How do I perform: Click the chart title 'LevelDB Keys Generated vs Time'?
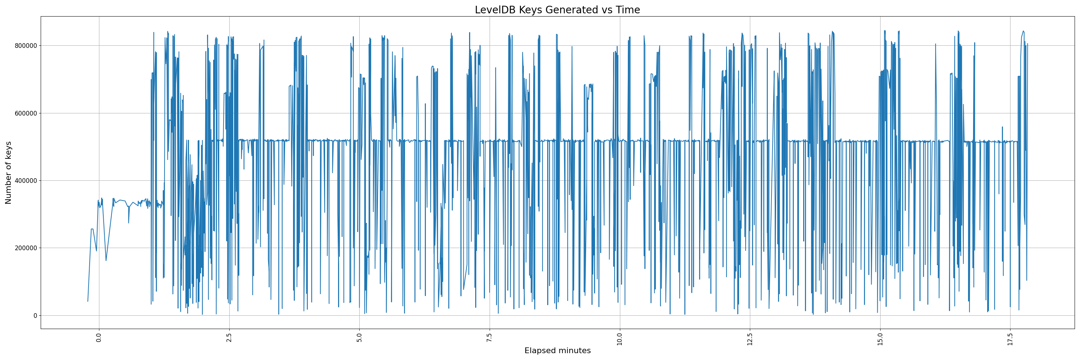pos(557,10)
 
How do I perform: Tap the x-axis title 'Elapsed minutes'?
pos(557,351)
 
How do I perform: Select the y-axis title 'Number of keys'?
pos(8,173)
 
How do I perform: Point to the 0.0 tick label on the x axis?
pos(99,337)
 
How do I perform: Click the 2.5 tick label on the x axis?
pos(229,337)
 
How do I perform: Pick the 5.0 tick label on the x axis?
pos(359,337)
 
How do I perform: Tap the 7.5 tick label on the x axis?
pos(489,337)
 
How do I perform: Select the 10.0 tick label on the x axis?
pos(620,338)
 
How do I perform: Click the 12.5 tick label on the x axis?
pos(750,338)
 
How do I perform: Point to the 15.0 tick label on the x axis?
pos(880,338)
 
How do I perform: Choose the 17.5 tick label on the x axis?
pos(1010,338)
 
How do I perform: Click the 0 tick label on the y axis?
pos(35,316)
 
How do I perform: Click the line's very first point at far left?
pos(87,301)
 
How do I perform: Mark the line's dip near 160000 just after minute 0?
pos(105,261)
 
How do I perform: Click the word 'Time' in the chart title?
pos(627,10)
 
